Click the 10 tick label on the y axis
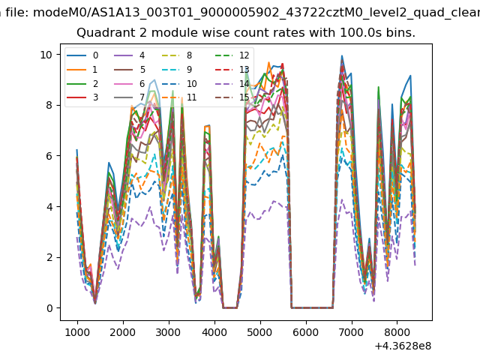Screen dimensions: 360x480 (x=46, y=55)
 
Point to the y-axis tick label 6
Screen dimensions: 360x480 (x=49, y=156)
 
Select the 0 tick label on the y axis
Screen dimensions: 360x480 (x=49, y=308)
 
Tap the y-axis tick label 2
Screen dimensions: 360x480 (x=49, y=257)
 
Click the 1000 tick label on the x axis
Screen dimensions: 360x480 (x=76, y=329)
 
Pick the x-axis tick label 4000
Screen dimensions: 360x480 (x=214, y=329)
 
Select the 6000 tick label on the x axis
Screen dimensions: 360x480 (x=306, y=329)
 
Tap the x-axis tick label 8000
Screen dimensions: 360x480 (x=397, y=329)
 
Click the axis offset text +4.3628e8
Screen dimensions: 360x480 (x=403, y=345)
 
